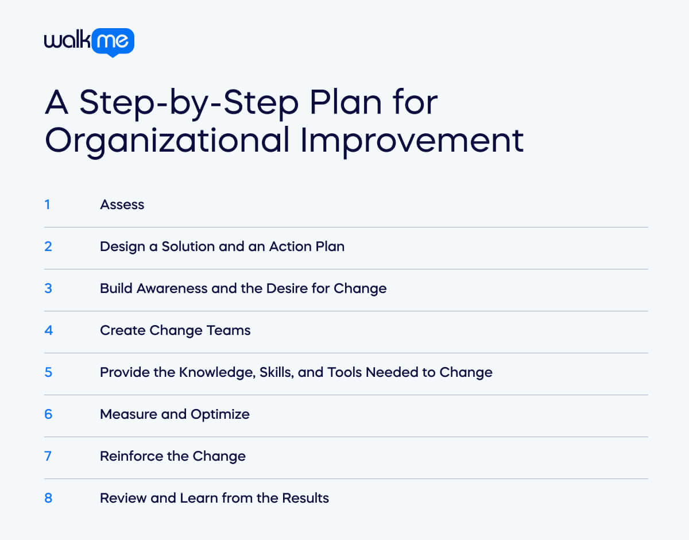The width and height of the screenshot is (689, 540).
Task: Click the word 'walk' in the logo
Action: click(67, 41)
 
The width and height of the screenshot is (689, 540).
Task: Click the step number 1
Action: click(47, 204)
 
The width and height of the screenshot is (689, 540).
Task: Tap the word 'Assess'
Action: click(122, 205)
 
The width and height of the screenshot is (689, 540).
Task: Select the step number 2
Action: click(48, 246)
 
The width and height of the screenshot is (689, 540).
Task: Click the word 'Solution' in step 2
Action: click(185, 246)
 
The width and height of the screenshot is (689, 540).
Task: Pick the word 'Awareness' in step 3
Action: click(172, 288)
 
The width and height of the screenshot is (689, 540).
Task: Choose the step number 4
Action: click(48, 330)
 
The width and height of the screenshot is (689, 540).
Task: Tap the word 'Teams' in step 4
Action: click(232, 330)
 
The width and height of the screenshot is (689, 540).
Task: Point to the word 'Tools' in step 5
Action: click(344, 372)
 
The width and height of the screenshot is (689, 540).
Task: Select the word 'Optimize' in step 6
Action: click(221, 414)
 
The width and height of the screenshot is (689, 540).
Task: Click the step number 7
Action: click(48, 456)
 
